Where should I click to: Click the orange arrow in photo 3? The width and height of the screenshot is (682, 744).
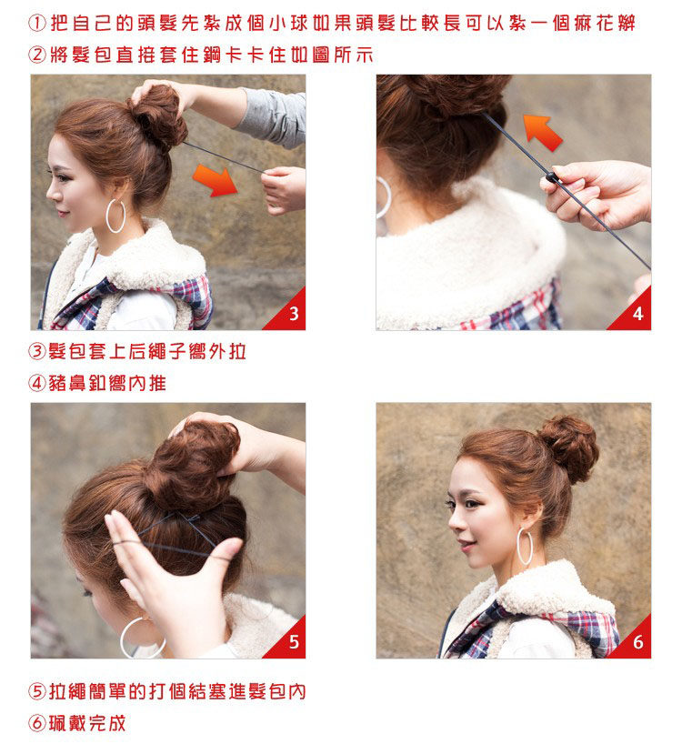[x=216, y=179]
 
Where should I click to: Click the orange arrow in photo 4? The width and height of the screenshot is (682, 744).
[x=543, y=131]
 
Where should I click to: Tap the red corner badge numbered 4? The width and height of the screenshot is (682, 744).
[x=636, y=315]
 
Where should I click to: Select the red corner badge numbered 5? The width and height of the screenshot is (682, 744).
[x=290, y=643]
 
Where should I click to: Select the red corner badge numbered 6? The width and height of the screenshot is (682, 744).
[x=636, y=643]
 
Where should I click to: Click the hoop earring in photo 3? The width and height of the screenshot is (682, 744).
[x=115, y=216]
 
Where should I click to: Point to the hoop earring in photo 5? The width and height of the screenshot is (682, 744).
[x=141, y=637]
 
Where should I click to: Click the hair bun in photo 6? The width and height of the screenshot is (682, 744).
[x=569, y=447]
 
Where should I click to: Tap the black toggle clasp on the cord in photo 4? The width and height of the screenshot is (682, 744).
[x=552, y=176]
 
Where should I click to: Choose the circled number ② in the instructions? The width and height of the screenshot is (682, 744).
[x=37, y=55]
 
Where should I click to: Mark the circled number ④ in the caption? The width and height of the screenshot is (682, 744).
[x=37, y=383]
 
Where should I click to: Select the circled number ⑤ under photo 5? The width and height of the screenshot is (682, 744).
[x=37, y=692]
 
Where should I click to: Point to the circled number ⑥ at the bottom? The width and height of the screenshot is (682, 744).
[x=37, y=723]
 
